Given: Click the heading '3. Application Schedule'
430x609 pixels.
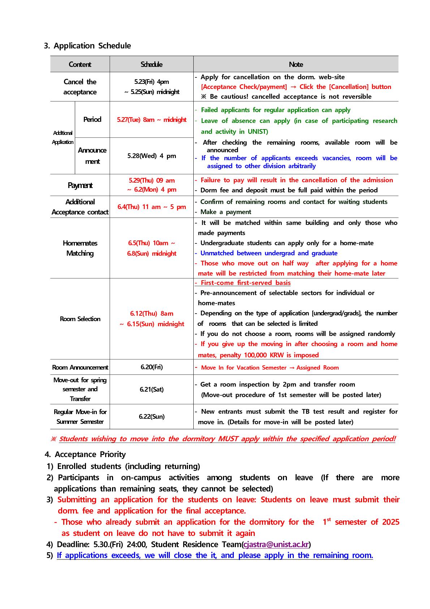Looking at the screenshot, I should [x=87, y=46].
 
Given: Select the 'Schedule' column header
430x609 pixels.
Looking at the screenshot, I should [x=151, y=64].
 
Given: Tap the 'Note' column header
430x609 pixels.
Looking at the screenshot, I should [x=296, y=64].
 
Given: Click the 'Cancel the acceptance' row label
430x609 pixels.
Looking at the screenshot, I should [x=80, y=87].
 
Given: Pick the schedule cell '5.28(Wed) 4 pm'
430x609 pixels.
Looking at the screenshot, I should [x=151, y=156].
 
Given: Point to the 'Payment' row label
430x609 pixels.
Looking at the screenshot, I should [x=80, y=186].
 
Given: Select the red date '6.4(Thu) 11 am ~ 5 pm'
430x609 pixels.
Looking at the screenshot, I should [x=151, y=207].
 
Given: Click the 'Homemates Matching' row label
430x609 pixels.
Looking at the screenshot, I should [x=80, y=248].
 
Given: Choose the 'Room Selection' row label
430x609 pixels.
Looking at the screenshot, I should [x=80, y=319].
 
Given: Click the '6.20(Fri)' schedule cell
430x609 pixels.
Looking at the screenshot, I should [x=151, y=367].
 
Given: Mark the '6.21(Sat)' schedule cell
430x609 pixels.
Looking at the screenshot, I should [x=151, y=389].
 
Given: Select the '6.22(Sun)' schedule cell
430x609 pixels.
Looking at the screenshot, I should [x=151, y=417].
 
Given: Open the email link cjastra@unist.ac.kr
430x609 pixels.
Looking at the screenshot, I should [x=276, y=544].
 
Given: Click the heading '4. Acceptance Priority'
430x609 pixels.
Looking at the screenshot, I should [x=85, y=455].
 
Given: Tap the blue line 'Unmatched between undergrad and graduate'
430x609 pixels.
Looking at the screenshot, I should [x=269, y=253].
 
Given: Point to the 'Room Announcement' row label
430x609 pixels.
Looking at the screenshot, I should [x=80, y=367].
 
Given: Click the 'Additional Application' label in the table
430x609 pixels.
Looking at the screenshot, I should [x=63, y=137].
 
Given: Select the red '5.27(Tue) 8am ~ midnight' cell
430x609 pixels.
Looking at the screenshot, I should [x=151, y=120].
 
